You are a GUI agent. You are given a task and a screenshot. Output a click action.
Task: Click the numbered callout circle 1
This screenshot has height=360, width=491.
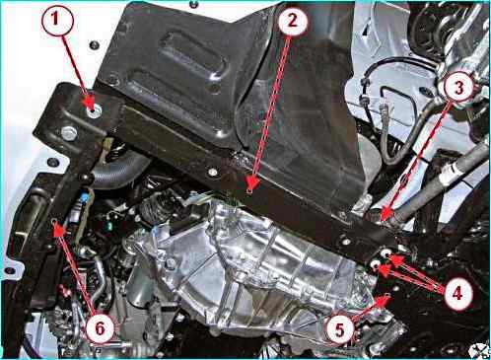(56, 20)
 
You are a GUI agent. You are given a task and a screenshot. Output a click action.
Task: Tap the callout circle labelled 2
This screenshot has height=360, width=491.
(293, 21)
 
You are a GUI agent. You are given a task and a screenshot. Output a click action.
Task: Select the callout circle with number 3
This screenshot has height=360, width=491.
(458, 87)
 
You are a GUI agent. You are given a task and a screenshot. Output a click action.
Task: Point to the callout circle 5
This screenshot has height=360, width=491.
(340, 329)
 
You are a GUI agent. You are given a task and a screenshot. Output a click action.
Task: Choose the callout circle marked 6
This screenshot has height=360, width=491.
(101, 328)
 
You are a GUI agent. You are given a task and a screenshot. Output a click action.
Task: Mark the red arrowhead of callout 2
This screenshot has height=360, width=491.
(252, 183)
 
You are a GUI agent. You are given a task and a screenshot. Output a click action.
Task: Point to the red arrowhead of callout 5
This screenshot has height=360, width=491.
(384, 300)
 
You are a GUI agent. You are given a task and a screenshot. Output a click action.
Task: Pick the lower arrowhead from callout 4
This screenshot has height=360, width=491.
(385, 269)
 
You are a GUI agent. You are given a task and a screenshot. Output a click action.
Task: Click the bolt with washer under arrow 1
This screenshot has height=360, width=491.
(94, 111)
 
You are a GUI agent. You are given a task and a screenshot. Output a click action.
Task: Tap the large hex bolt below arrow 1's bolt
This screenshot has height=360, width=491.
(69, 133)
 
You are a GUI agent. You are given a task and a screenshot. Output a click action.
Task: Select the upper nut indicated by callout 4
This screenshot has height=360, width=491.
(386, 253)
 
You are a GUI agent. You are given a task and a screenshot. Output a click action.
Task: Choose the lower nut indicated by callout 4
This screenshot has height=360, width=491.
(374, 265)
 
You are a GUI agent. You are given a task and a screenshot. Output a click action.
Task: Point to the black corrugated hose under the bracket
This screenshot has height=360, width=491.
(119, 171)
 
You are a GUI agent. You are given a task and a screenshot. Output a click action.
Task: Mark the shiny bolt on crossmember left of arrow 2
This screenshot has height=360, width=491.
(213, 172)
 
